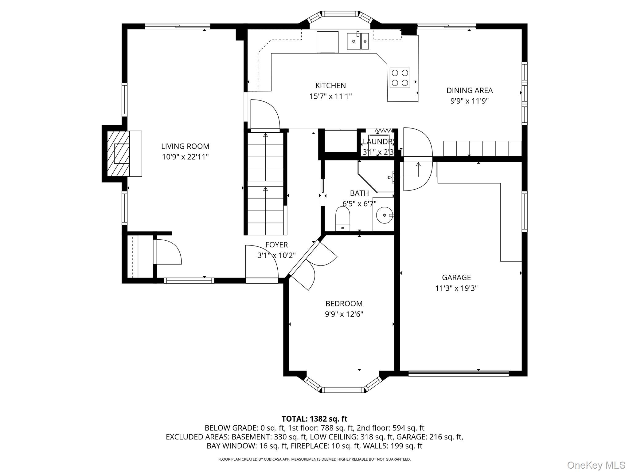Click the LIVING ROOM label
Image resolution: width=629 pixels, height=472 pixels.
tap(185, 146)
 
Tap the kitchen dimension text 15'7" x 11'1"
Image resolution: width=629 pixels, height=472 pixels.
tap(330, 96)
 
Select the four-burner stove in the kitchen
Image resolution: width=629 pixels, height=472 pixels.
tap(400, 78)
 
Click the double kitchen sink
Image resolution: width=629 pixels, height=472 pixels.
tap(358, 41)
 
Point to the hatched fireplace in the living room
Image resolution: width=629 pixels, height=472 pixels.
tap(118, 154)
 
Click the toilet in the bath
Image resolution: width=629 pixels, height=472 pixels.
tap(343, 218)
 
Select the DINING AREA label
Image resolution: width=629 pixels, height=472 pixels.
tap(469, 90)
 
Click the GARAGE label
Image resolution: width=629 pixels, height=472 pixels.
tap(456, 277)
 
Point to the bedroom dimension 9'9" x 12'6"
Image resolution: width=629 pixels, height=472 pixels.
tap(344, 314)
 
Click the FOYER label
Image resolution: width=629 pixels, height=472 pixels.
tap(276, 245)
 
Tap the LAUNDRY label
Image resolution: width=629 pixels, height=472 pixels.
tap(378, 142)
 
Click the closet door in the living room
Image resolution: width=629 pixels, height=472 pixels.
tap(167, 252)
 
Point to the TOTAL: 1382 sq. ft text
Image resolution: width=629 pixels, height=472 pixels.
tap(314, 419)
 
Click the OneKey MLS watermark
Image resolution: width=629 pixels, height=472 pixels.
tap(596, 465)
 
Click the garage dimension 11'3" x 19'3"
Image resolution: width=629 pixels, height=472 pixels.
tap(456, 288)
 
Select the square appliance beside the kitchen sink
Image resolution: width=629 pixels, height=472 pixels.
tap(327, 42)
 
